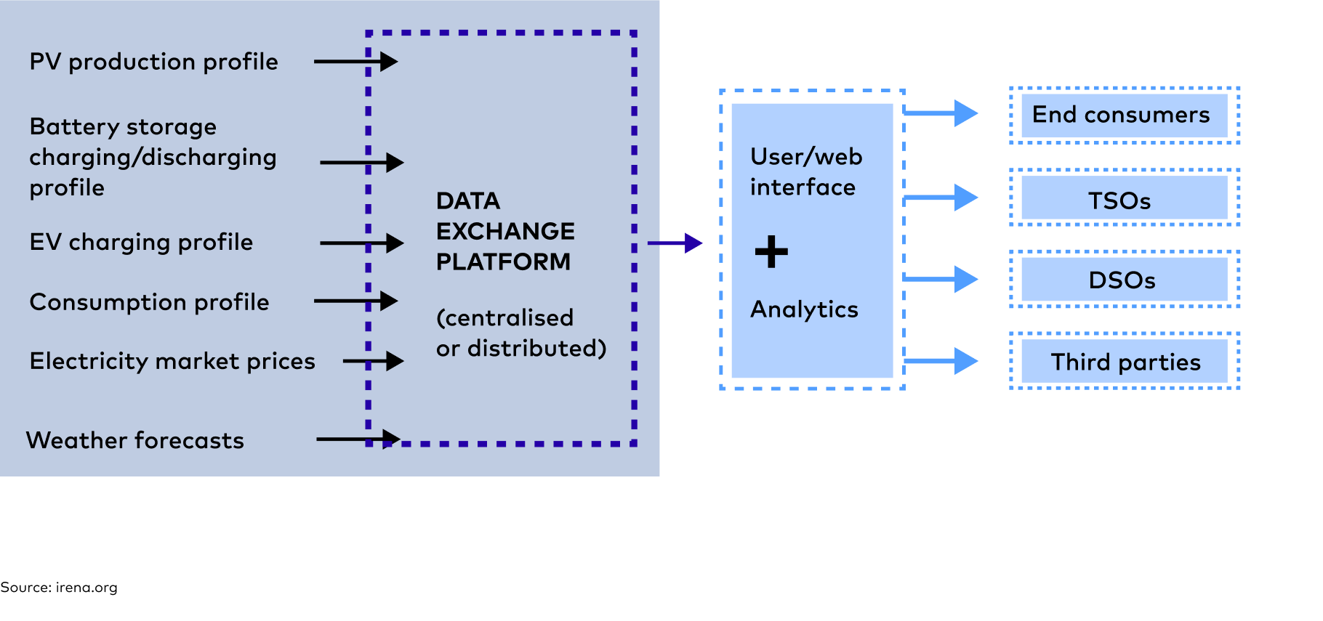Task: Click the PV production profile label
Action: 153,62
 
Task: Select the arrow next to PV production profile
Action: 355,62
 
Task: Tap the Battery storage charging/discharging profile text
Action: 153,158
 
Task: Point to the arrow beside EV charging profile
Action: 361,243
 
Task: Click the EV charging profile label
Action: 141,243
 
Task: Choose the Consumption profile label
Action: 149,302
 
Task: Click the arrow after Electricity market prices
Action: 373,361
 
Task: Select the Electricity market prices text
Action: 172,362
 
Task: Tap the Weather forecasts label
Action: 135,441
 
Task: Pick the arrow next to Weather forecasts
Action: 358,439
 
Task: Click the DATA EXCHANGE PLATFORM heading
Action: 504,231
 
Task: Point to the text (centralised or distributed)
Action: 520,333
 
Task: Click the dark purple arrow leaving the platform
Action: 675,243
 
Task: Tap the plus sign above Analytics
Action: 771,252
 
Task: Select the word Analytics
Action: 804,310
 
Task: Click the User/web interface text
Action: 805,172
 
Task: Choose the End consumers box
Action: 1124,115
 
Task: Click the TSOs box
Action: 1124,198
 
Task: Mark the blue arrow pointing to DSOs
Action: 941,279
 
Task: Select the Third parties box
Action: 1124,362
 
